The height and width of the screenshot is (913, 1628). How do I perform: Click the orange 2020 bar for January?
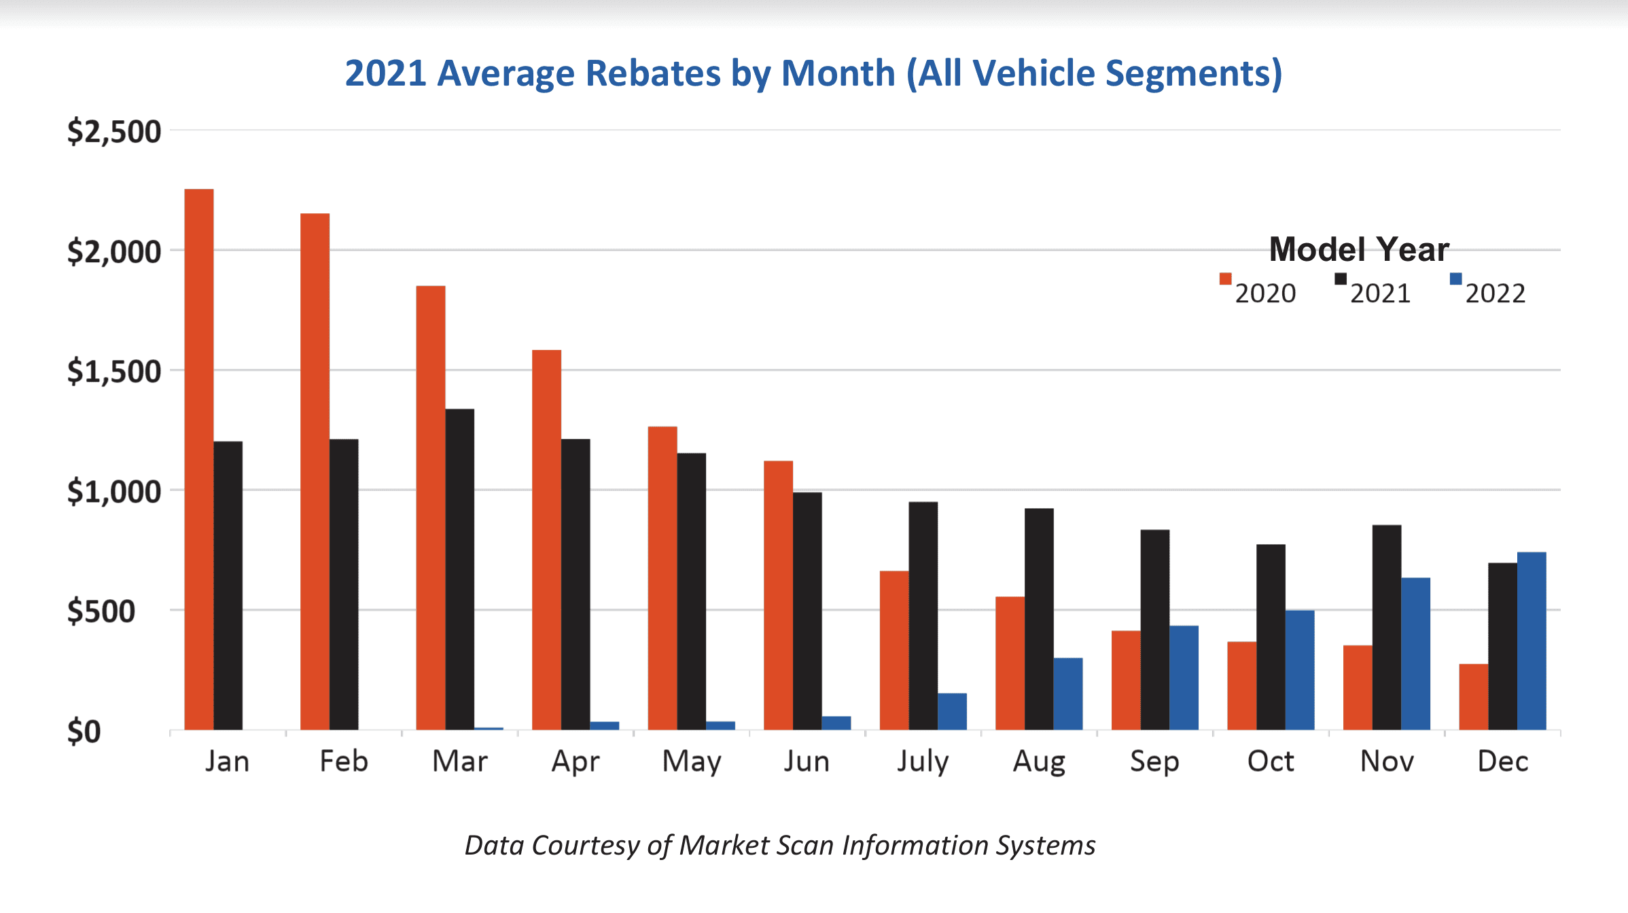tap(199, 459)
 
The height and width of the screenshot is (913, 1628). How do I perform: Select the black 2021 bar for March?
tap(460, 569)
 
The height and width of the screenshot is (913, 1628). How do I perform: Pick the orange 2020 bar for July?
tap(894, 650)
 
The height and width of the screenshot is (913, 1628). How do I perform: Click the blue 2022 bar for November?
tap(1415, 654)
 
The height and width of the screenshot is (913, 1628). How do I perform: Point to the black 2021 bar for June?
tap(807, 611)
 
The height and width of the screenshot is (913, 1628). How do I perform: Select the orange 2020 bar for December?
tap(1473, 696)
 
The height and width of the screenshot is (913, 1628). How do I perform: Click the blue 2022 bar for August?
tap(1068, 694)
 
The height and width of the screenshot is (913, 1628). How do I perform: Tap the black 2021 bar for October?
tap(1271, 637)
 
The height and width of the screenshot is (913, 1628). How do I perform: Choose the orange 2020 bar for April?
tap(546, 540)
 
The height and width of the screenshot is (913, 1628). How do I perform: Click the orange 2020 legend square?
tap(1225, 279)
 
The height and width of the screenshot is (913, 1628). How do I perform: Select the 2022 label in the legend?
tap(1495, 293)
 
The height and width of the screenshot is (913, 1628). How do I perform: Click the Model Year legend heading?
tap(1359, 249)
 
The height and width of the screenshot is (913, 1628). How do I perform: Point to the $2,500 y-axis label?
tap(114, 131)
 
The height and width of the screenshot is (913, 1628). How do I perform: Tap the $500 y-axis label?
tap(101, 611)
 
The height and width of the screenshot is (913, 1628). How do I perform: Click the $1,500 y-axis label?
tap(114, 372)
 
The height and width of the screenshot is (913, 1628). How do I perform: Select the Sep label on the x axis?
tap(1154, 762)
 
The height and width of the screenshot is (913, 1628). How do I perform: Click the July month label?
tap(923, 762)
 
